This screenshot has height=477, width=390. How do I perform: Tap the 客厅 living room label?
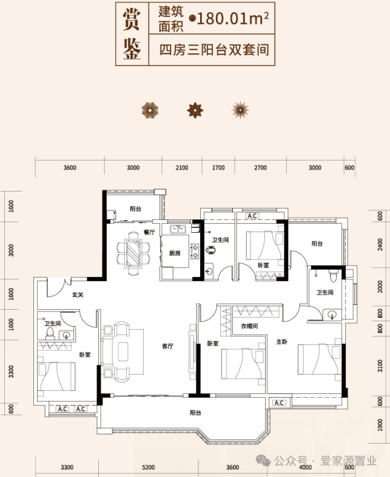point(168,346)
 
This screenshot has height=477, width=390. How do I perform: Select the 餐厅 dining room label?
point(149,232)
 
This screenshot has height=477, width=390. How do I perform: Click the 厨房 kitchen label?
point(175,253)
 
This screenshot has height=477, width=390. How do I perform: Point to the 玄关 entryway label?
point(78,295)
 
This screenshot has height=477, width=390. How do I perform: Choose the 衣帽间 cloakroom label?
point(249,326)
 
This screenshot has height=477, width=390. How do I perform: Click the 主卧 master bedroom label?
point(281,342)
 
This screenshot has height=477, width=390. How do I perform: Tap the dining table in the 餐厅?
point(133,253)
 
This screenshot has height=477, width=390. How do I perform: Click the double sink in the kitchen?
point(178,229)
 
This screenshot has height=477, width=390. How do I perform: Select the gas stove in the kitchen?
point(195,252)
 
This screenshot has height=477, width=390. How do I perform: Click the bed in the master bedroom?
point(320,359)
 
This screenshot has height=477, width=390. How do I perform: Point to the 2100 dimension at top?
point(182,168)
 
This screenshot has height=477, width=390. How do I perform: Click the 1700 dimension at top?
point(218,168)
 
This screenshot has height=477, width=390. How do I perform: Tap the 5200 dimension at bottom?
point(148,467)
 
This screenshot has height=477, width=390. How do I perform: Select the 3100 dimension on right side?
point(380,365)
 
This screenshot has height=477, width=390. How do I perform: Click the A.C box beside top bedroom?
point(252,216)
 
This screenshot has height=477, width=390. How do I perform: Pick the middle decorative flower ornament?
point(195,110)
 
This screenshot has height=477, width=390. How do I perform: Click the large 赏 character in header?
point(132,19)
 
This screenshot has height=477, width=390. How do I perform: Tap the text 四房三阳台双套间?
point(214,50)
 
